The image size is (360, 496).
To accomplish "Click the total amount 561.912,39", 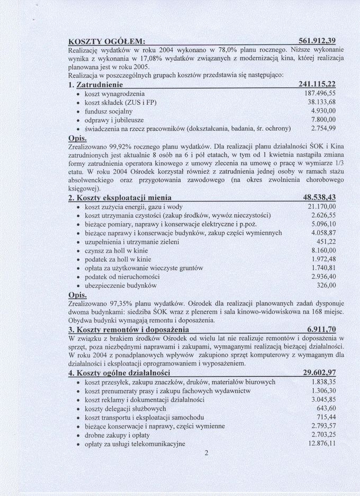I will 317,41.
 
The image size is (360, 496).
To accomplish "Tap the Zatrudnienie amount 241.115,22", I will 317,85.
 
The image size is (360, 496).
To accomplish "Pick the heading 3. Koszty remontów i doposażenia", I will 129,329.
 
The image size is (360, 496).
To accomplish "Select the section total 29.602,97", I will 319,373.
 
